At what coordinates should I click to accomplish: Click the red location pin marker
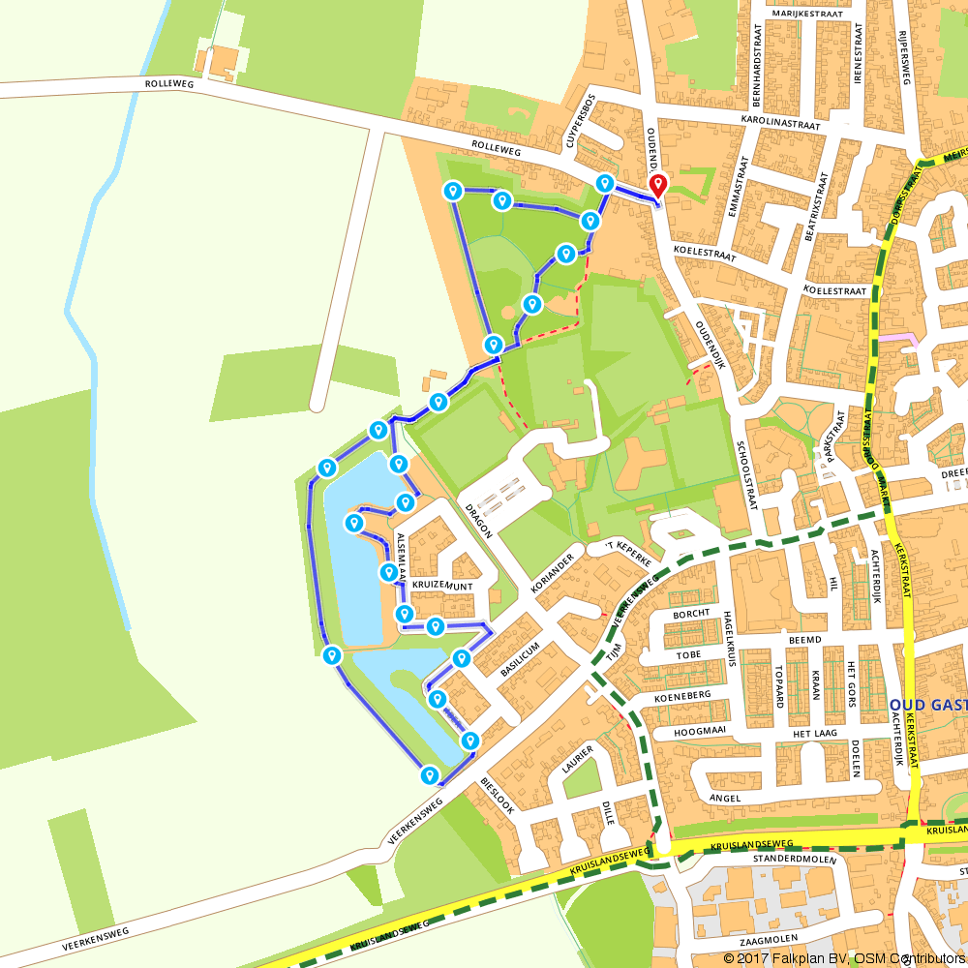coord(658,185)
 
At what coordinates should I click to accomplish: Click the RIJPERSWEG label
coord(904,56)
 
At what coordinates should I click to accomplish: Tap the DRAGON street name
coord(478,521)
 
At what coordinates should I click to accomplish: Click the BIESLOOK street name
coord(498,797)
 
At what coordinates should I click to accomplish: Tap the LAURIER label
coord(577,759)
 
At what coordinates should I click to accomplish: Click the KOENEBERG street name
coord(682,695)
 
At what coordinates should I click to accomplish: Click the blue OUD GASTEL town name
coord(926,704)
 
